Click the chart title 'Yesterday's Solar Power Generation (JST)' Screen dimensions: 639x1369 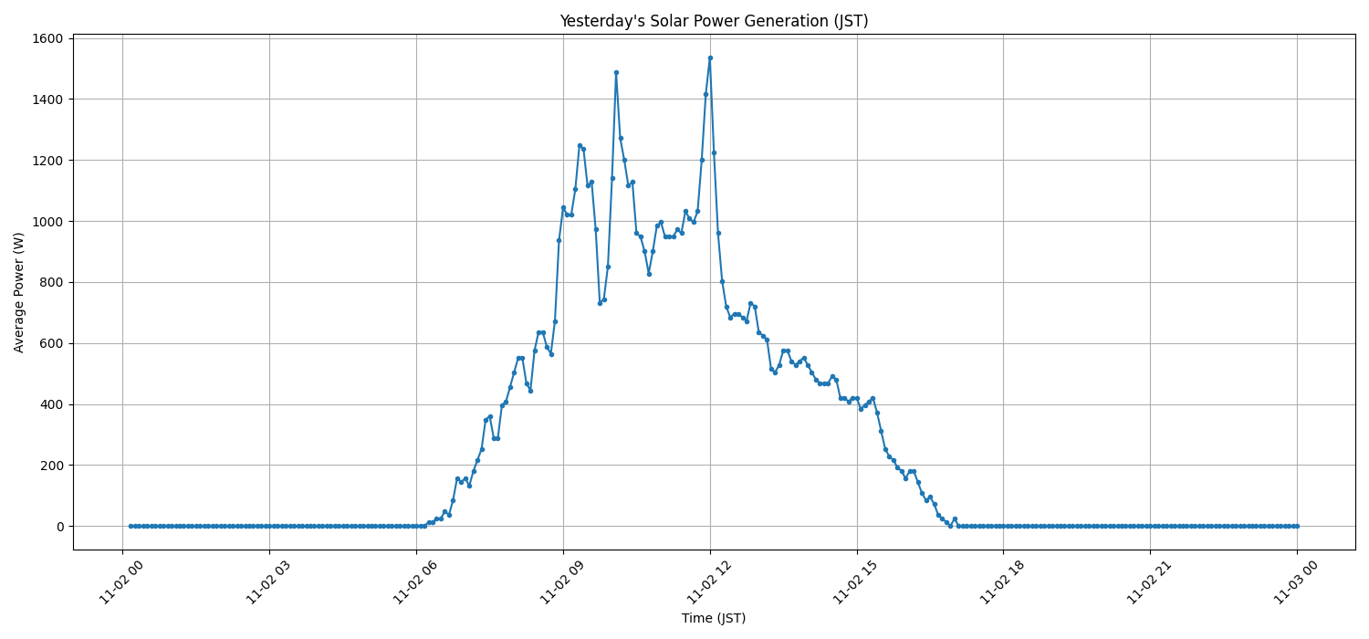[714, 21]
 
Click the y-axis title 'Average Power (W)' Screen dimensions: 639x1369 [19, 292]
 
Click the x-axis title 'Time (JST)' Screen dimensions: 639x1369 [714, 618]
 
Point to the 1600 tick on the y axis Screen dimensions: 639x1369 [47, 38]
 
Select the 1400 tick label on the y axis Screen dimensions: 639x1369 [47, 100]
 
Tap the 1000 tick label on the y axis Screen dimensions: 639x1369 [47, 222]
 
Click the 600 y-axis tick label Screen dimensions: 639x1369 [51, 343]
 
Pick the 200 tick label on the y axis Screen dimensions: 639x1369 [51, 466]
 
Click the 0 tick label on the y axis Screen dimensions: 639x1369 [59, 527]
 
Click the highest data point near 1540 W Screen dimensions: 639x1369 [710, 58]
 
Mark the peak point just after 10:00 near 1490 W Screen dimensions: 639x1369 [616, 72]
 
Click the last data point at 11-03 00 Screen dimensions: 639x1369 [1297, 526]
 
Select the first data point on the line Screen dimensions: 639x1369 [131, 526]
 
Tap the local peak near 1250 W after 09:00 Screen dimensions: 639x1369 [580, 145]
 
